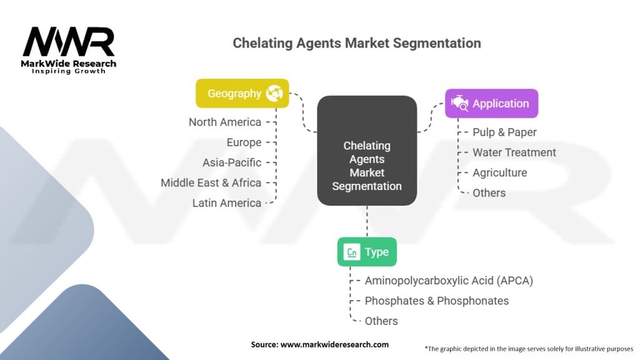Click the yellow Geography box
(x=242, y=94)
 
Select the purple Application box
(x=491, y=104)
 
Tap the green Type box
(x=367, y=252)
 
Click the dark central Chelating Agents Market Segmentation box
(x=367, y=151)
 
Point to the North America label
(x=225, y=122)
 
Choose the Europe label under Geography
(x=244, y=142)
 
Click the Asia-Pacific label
(x=232, y=162)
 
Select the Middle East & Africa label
(x=211, y=183)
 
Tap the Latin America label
(x=227, y=203)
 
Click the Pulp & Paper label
(x=504, y=132)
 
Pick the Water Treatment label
(x=514, y=152)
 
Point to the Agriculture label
(x=499, y=172)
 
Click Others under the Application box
(x=489, y=193)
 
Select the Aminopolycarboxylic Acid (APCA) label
(x=449, y=281)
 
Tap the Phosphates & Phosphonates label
(x=437, y=301)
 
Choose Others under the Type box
(x=381, y=321)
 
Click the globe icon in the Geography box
(x=274, y=94)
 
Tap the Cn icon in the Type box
(x=352, y=252)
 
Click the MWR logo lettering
(x=69, y=42)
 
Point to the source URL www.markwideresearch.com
(x=334, y=344)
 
